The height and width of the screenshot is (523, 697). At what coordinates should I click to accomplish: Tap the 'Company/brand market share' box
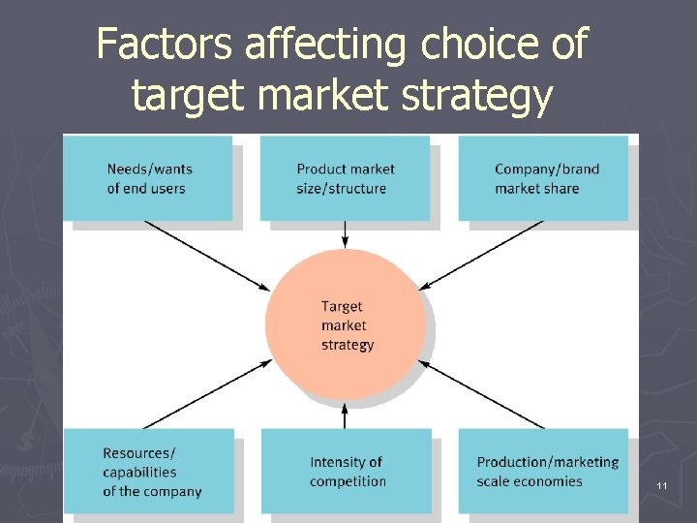543,177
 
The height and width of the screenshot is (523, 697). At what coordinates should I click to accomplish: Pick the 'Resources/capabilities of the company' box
149,471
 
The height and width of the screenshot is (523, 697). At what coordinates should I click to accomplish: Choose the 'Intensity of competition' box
346,471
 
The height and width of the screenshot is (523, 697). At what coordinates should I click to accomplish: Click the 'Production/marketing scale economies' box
543,471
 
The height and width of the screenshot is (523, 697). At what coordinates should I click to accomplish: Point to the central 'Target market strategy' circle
346,324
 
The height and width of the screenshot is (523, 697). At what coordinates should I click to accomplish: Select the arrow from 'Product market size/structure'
346,233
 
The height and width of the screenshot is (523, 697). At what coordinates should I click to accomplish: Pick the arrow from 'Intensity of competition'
346,415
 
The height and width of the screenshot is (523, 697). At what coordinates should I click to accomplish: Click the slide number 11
662,484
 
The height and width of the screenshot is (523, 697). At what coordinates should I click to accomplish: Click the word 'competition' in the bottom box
348,481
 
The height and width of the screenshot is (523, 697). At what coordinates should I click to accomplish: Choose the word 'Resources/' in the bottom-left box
139,453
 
